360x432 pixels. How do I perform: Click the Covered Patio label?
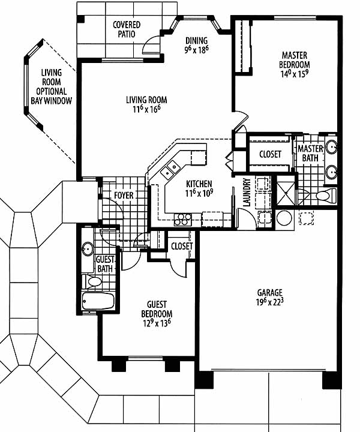127,29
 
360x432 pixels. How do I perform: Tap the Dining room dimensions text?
196,50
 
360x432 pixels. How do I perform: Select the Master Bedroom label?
295,60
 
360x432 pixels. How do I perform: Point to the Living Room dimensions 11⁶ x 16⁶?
146,109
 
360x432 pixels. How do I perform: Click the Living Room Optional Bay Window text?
52,87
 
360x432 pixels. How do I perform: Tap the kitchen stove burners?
183,220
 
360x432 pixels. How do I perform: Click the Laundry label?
247,193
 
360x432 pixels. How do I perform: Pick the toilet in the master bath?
326,196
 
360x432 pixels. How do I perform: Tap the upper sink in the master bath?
331,147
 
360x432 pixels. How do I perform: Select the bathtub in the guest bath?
98,301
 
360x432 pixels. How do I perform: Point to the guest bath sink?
88,249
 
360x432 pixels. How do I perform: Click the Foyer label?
124,196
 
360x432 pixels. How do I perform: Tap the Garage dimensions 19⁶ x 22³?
269,302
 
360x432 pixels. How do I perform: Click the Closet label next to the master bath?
270,154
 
